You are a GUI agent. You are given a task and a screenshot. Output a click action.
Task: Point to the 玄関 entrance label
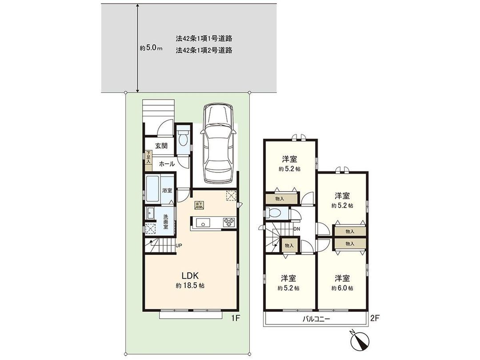[x=161, y=145]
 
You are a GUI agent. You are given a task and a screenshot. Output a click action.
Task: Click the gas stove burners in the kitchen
[x=228, y=222]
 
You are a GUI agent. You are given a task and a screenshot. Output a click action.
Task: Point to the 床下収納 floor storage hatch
[x=198, y=205]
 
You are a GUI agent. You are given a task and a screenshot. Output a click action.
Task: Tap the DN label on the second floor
[x=297, y=229]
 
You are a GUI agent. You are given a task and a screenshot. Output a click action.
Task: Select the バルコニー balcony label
[x=316, y=318]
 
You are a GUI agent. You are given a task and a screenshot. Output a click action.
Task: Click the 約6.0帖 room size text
[x=342, y=288]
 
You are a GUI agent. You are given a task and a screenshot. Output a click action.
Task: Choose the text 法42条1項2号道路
[x=204, y=50]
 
